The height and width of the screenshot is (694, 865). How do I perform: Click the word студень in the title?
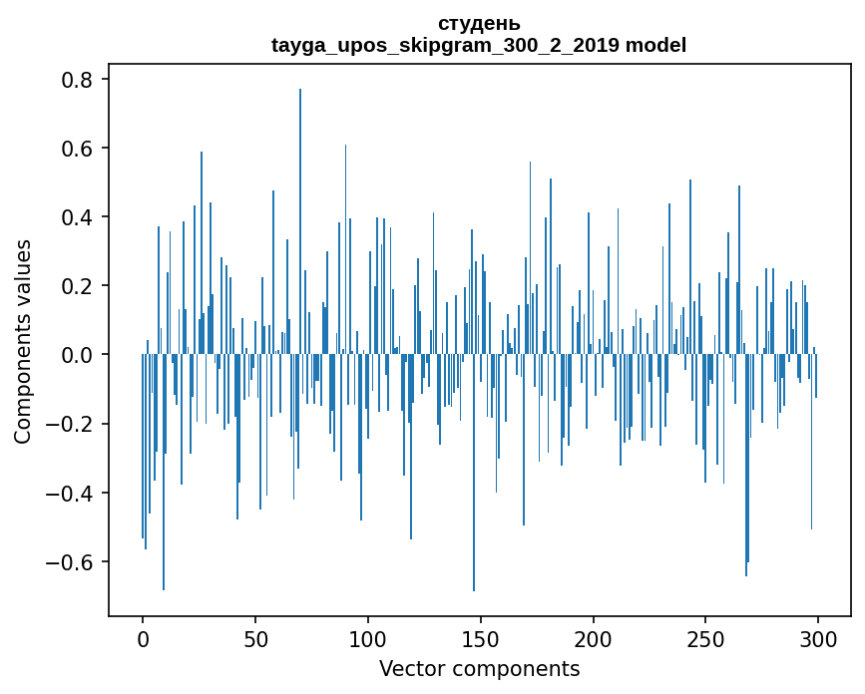tap(479, 24)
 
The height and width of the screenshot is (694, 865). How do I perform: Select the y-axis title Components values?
tap(23, 341)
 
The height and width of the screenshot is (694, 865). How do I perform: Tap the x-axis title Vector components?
tap(479, 668)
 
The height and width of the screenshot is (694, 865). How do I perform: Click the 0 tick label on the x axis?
tap(143, 638)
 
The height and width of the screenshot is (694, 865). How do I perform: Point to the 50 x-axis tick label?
tap(255, 638)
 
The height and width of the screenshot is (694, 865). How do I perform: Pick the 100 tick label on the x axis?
tap(368, 638)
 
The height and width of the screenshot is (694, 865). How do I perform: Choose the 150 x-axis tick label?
tap(481, 638)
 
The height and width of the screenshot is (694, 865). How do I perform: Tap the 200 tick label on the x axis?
tap(594, 638)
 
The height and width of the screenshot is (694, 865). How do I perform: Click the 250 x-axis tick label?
tap(706, 638)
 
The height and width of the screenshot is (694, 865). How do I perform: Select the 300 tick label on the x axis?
tap(818, 638)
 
